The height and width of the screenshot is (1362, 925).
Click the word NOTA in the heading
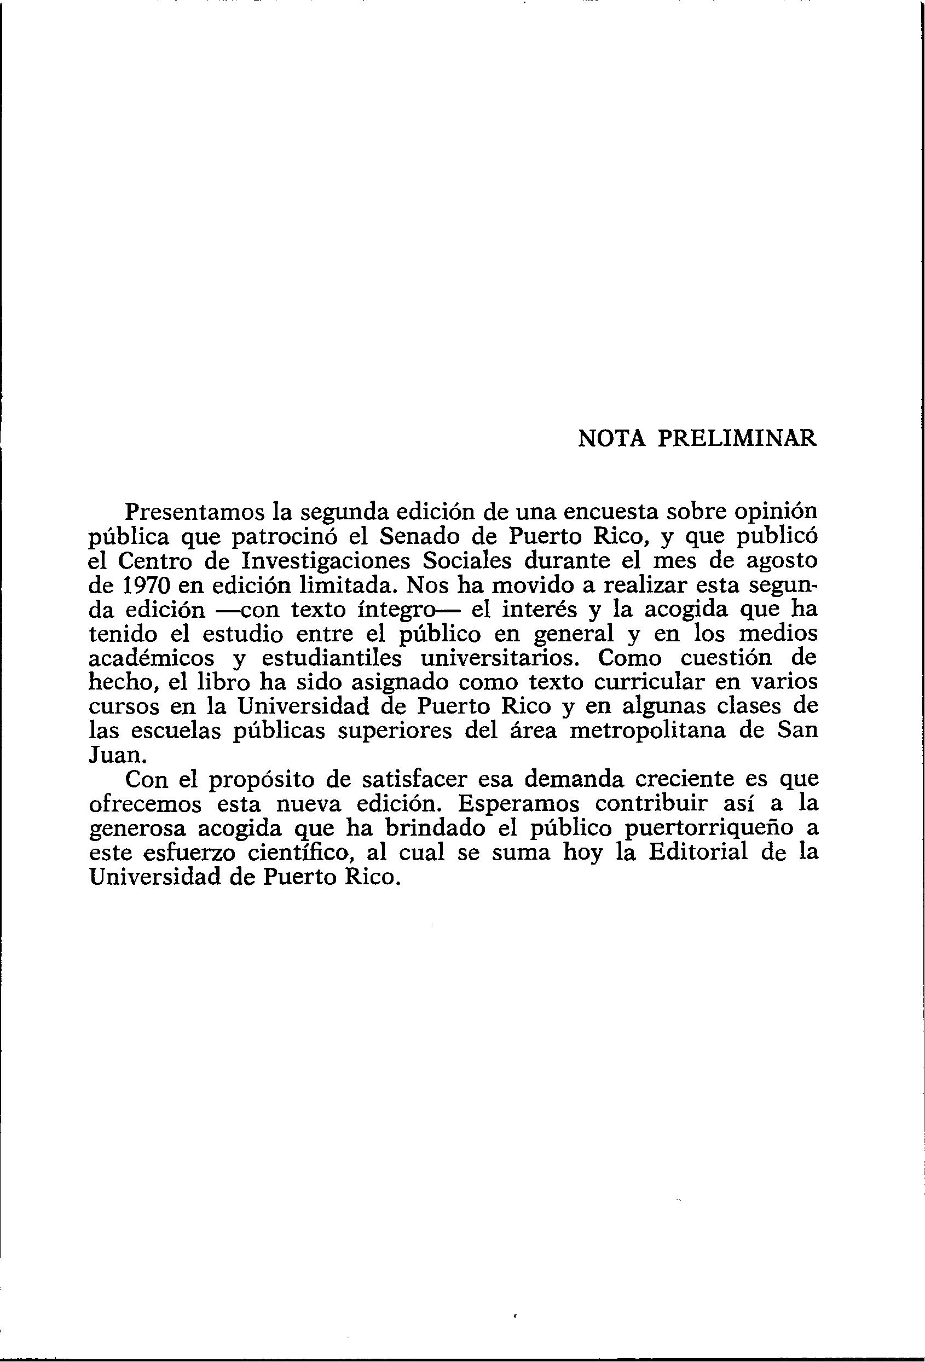[611, 438]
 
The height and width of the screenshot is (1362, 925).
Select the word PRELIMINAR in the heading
[737, 438]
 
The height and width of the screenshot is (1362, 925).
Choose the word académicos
[151, 658]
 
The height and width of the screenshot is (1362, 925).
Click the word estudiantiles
[332, 658]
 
